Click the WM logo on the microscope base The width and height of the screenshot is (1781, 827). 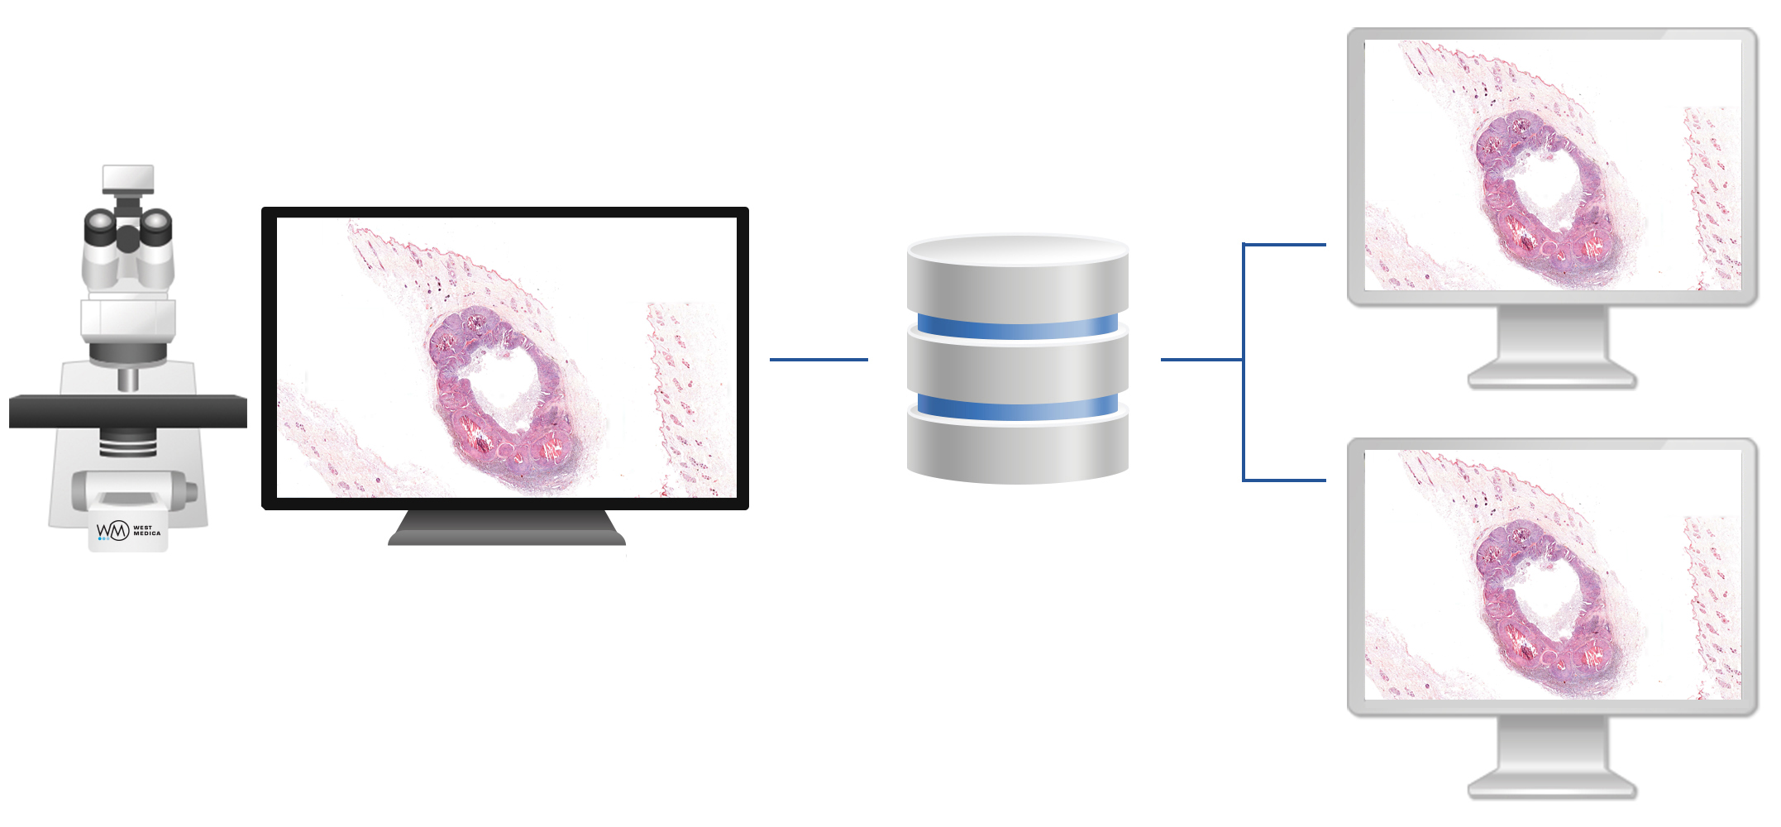pos(113,530)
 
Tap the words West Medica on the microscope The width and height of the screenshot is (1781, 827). pos(147,531)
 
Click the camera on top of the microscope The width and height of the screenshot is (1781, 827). pos(128,179)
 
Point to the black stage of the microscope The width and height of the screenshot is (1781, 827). pos(128,411)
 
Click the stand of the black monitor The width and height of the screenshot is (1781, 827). pos(507,528)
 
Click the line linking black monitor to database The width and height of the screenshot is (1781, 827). pos(819,360)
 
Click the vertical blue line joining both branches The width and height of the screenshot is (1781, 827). pos(1244,362)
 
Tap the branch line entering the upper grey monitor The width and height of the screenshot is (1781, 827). pos(1285,245)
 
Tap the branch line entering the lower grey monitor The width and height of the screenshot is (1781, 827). pos(1285,480)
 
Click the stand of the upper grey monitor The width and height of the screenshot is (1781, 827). pos(1553,348)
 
